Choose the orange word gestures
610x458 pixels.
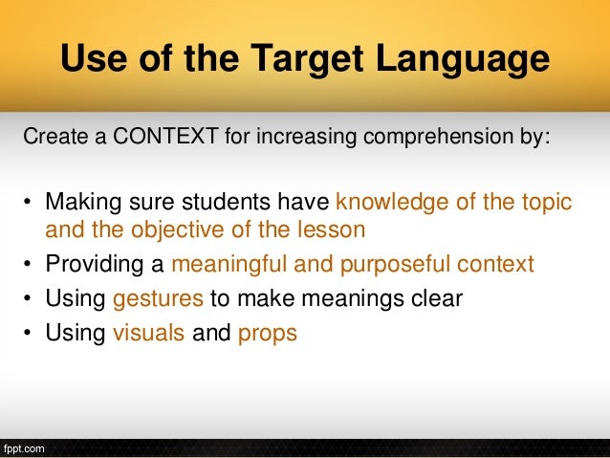click(x=158, y=299)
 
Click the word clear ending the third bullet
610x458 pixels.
click(x=437, y=299)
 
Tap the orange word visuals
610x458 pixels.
click(x=149, y=334)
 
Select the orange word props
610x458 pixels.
click(x=267, y=334)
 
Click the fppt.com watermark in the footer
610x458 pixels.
click(x=23, y=447)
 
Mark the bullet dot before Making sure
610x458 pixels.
click(x=29, y=203)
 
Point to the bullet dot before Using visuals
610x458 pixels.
click(x=29, y=335)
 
